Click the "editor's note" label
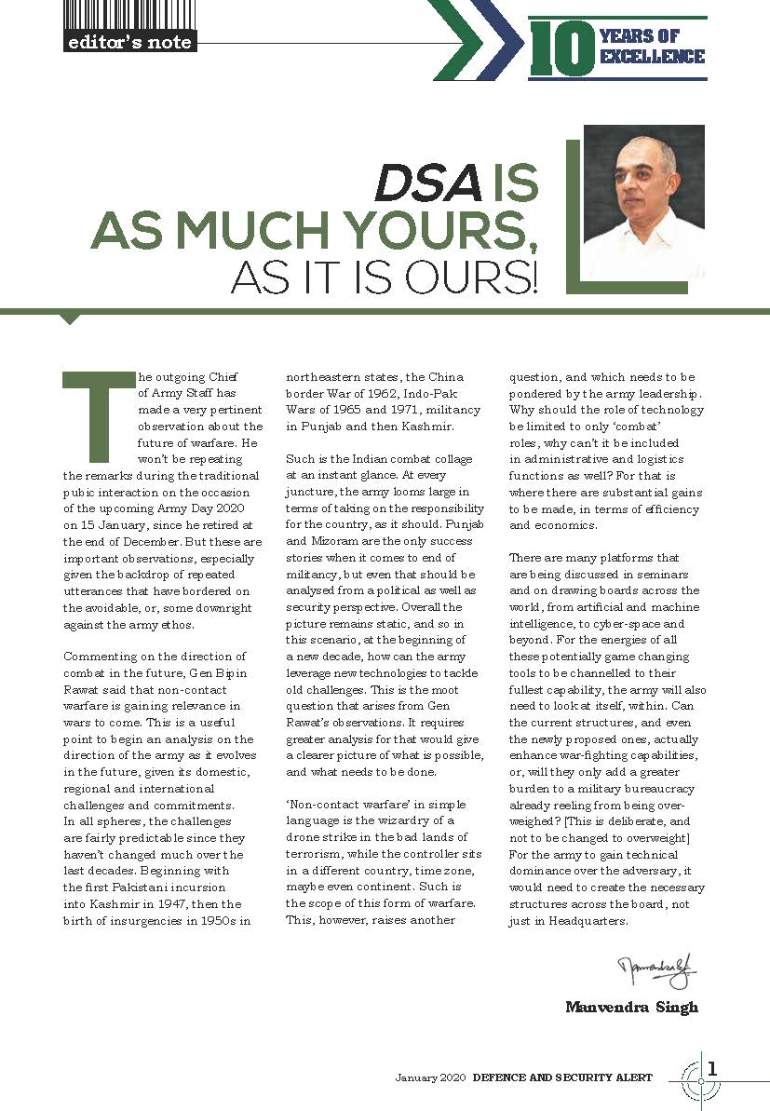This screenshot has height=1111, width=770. (129, 42)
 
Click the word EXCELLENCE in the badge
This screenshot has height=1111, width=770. (652, 57)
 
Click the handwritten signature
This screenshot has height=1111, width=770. (657, 973)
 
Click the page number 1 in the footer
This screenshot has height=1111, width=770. (712, 1069)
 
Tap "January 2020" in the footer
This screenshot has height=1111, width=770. (429, 1077)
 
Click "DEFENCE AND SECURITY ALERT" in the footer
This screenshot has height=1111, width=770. (562, 1077)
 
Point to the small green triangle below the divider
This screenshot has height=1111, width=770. (69, 319)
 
